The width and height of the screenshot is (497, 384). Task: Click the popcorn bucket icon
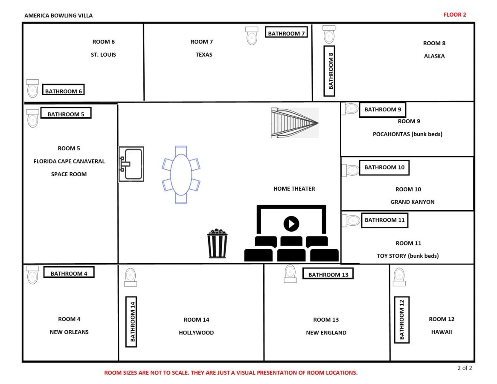217,243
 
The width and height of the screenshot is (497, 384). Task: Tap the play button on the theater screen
291,224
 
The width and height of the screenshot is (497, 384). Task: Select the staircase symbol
295,123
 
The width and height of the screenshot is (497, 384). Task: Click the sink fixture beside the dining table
131,164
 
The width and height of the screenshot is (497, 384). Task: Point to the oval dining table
181,175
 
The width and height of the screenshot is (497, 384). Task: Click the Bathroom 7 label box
286,32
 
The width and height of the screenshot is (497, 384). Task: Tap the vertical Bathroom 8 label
329,71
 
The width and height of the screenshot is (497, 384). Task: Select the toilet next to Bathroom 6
32,89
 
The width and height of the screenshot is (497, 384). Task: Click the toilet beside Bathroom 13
290,273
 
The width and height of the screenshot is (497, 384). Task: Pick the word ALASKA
434,56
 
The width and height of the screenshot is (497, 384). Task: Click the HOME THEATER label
294,189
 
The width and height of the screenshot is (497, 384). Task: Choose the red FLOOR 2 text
454,15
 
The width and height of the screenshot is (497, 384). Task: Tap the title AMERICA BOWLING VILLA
58,15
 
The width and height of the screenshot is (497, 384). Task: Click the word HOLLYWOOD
196,333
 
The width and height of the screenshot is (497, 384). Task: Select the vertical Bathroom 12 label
401,320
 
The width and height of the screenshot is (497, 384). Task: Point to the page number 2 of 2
465,368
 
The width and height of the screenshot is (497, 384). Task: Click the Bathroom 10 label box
384,167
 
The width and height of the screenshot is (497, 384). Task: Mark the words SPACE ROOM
69,174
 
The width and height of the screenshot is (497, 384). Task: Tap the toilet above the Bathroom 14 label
130,277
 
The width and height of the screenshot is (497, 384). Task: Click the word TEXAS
204,55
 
